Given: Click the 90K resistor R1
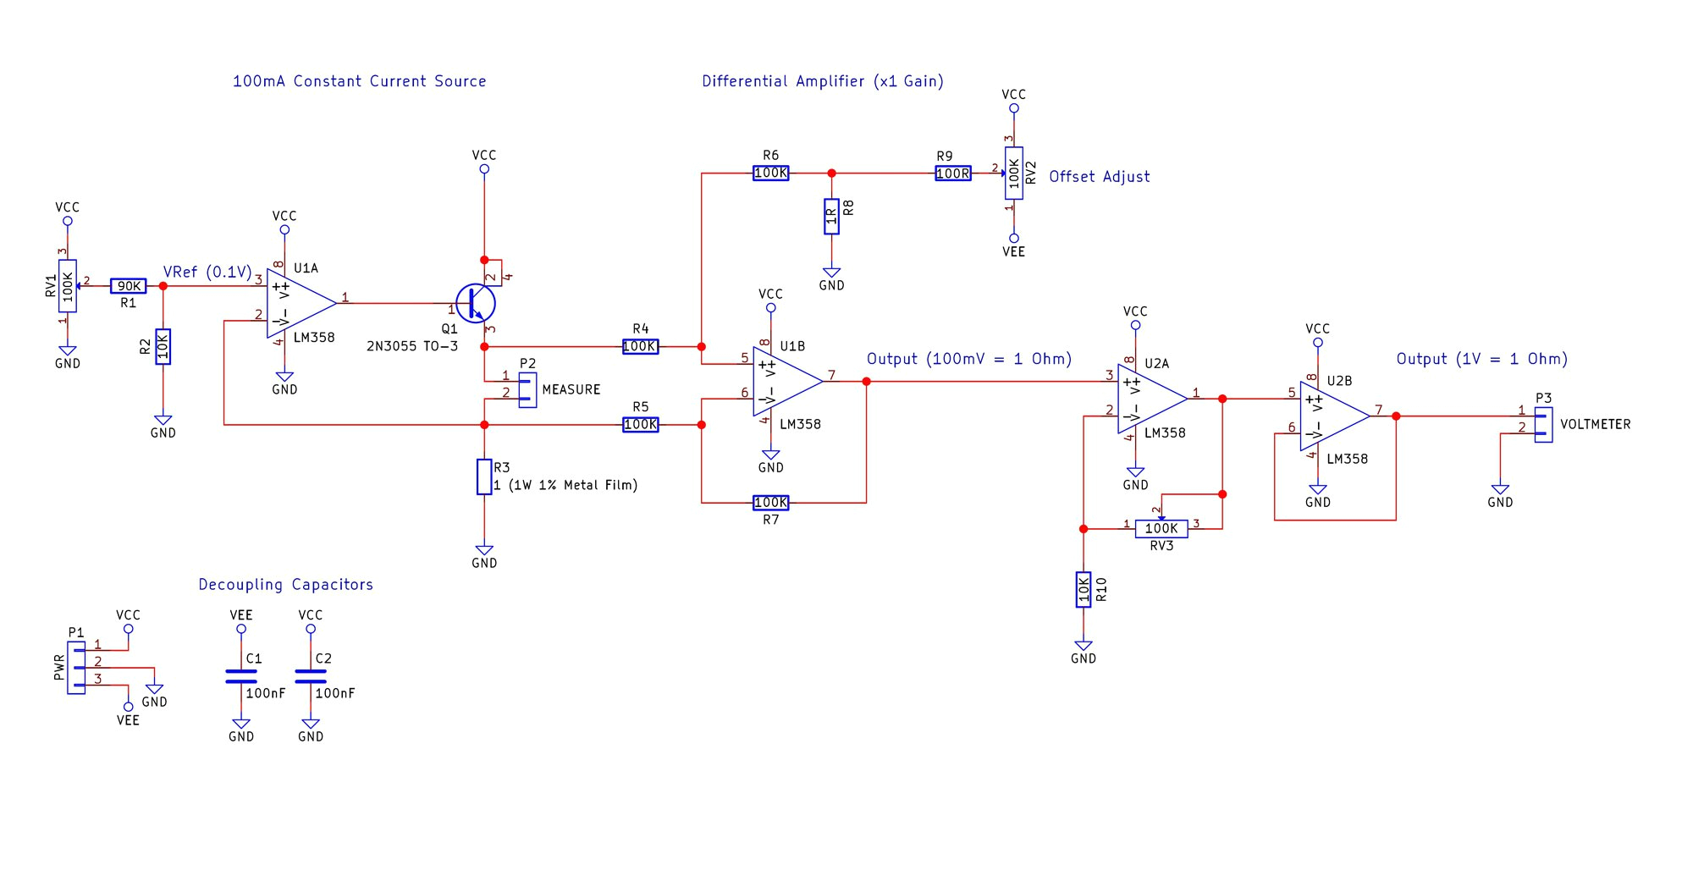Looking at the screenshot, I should point(129,286).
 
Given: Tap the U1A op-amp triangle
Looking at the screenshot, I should point(298,303).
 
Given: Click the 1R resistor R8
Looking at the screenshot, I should point(831,217).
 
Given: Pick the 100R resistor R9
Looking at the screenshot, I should point(953,174).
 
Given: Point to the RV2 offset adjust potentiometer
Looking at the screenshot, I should point(1013,174).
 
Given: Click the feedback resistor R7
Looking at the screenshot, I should point(770,503).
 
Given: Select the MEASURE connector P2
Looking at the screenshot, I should point(527,389).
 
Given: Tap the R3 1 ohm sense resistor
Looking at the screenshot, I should point(484,477).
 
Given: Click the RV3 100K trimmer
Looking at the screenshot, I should point(1161,528).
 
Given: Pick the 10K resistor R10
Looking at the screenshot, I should point(1084,589).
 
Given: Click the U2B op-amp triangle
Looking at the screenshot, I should point(1332,416).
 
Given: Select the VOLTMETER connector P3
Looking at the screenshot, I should point(1543,424).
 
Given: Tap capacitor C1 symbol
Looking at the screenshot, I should point(241,675).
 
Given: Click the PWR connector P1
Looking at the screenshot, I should point(76,667).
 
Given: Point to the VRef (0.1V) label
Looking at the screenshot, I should point(207,272).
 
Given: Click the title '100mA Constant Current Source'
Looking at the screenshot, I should point(359,81).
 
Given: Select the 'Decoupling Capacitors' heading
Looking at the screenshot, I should point(285,584).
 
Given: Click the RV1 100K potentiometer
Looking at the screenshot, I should point(68,286).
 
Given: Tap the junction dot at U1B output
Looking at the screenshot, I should point(866,382).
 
